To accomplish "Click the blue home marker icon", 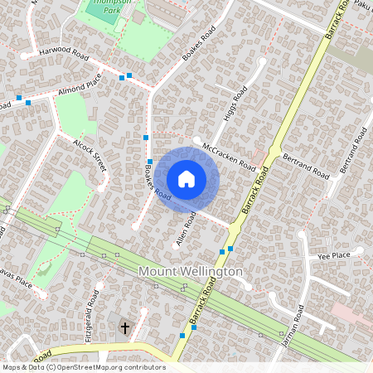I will (186, 179).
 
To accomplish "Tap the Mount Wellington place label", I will (190, 272).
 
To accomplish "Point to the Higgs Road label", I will (237, 104).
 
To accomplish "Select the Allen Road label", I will (186, 229).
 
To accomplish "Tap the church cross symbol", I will (125, 328).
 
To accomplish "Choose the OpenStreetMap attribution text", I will (84, 366).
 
